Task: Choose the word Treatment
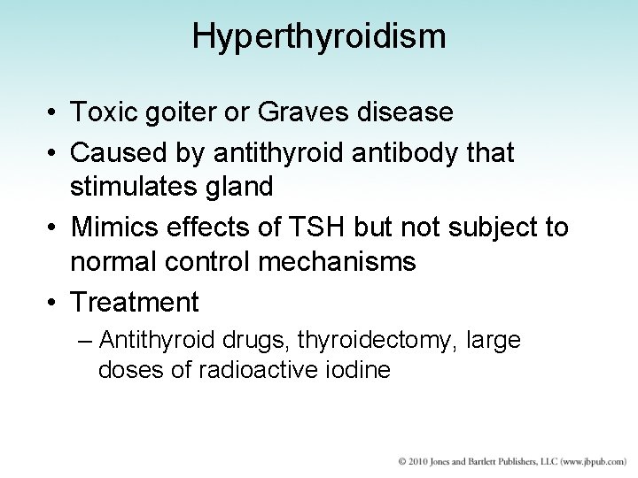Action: (135, 303)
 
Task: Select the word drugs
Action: (261, 340)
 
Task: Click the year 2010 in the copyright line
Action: (419, 462)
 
